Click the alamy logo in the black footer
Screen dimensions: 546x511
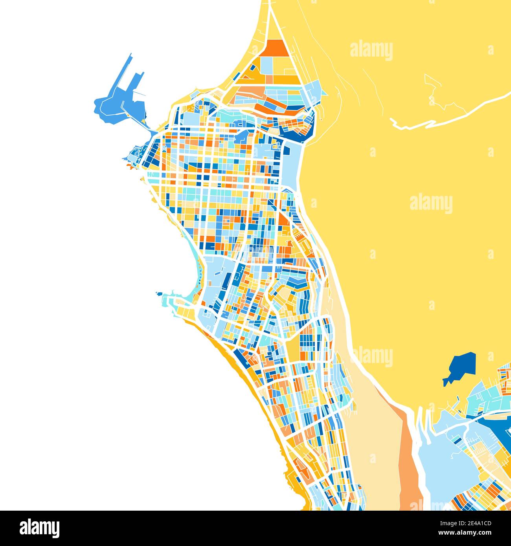tap(39, 528)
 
